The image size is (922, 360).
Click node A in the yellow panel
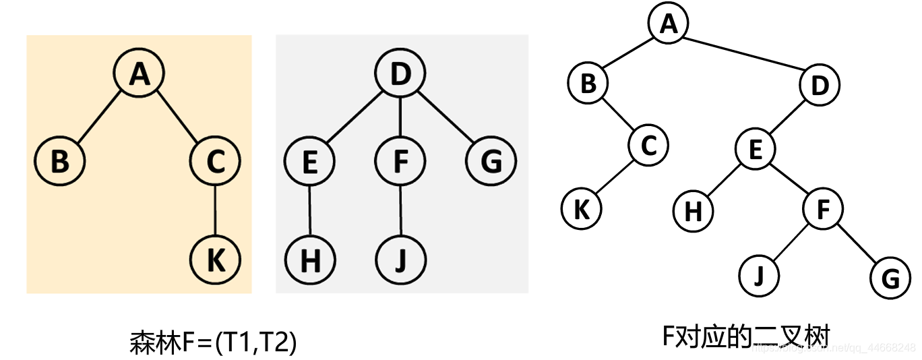[140, 73]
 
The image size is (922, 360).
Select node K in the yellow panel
[216, 260]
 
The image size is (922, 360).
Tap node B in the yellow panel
[61, 162]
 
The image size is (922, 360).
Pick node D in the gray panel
[401, 73]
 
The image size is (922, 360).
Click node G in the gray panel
[491, 162]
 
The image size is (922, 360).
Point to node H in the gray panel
[310, 260]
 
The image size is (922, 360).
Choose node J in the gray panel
[400, 260]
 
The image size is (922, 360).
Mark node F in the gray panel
[400, 162]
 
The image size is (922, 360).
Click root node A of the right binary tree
[668, 24]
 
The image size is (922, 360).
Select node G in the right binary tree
[890, 278]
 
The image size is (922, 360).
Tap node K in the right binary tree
[581, 209]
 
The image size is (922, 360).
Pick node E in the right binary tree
[755, 148]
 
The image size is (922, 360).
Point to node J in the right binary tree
[758, 276]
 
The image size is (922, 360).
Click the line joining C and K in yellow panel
[216, 211]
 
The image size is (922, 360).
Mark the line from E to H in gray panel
[310, 211]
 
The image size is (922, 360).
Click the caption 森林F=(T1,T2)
[213, 343]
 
